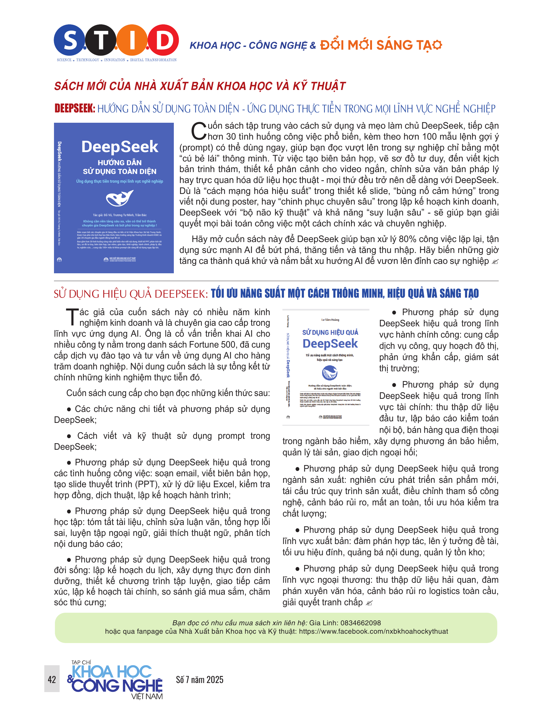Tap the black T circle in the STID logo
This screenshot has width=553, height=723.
pos(100,40)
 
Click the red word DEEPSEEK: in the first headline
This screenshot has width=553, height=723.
pos(75,108)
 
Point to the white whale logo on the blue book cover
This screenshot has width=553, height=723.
pos(120,198)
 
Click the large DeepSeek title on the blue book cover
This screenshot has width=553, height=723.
pos(120,147)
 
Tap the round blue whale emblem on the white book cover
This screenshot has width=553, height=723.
pos(330,373)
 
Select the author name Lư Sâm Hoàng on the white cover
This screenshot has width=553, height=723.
pos(330,319)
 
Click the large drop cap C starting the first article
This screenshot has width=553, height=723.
pos(199,131)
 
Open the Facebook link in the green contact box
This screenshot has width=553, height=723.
pos(373,631)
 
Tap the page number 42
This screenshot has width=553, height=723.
pos(52,680)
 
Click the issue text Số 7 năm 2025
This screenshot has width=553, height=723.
pos(199,680)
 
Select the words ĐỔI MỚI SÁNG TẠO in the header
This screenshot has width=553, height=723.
pos(381,45)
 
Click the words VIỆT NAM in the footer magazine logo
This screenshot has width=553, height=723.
pos(147,697)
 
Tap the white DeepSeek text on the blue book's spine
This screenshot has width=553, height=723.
pos(60,151)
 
